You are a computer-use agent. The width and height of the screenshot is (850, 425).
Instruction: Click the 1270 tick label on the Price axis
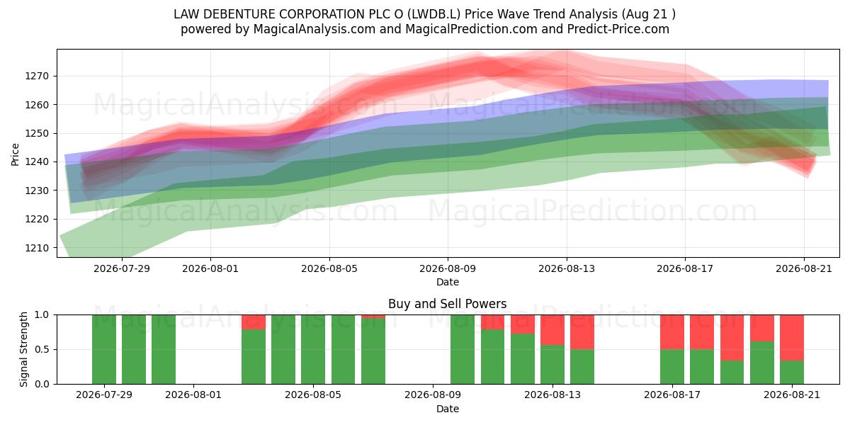pos(37,76)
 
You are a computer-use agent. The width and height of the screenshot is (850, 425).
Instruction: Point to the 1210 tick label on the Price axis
pos(37,248)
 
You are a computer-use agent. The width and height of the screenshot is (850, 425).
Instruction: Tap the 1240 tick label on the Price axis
pos(37,162)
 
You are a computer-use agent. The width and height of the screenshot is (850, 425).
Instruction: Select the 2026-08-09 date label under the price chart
pos(448,268)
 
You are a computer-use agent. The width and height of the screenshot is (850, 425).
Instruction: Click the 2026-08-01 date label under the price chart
pos(210,268)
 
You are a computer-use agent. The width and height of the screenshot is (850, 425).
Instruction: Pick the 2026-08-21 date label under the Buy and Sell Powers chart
pos(792,395)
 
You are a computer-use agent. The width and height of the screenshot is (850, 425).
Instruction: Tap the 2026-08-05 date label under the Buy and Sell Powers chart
pos(313,395)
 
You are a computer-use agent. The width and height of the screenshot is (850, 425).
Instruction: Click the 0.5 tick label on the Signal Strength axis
pos(42,349)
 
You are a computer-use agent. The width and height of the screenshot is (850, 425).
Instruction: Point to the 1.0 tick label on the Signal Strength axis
pos(42,315)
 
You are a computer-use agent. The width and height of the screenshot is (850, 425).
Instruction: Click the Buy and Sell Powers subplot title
pos(448,304)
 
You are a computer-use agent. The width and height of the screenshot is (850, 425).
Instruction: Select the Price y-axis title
pos(15,154)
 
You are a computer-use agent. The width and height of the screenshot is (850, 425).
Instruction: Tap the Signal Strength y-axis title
pos(23,349)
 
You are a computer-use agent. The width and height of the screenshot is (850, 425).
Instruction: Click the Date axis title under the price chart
pos(448,283)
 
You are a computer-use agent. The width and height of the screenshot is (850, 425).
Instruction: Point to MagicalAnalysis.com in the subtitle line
pos(314,29)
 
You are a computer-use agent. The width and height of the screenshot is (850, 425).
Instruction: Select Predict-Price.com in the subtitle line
pos(618,29)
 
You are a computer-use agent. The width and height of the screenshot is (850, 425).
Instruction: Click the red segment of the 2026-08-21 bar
pos(792,338)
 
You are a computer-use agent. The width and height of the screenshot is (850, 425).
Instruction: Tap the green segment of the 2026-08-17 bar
pos(672,367)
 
